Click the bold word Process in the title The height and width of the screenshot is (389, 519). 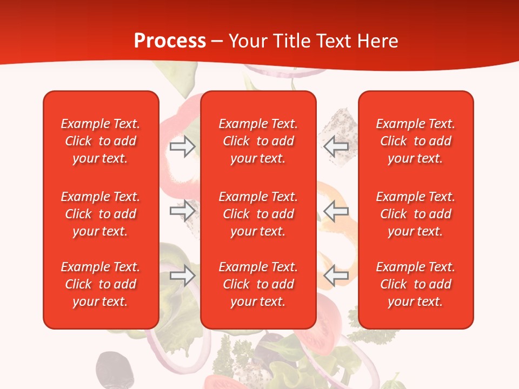(170, 41)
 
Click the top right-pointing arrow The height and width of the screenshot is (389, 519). (183, 146)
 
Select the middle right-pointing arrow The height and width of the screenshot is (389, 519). (183, 210)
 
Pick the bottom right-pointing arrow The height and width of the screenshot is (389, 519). (183, 275)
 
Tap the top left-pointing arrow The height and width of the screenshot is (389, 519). (336, 146)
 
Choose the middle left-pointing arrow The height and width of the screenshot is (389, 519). (336, 210)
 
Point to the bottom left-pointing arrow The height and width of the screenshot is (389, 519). (336, 275)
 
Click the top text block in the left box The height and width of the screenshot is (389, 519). (101, 141)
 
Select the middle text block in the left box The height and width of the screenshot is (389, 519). (101, 214)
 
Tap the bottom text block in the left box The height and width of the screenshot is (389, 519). (101, 284)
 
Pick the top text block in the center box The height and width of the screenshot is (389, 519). (258, 141)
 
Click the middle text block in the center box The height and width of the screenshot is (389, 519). (258, 214)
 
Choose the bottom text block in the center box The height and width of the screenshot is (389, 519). (258, 284)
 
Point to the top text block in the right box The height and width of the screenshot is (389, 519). (415, 141)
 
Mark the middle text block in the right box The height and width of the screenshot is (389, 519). (415, 214)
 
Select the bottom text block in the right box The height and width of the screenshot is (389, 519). (415, 284)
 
